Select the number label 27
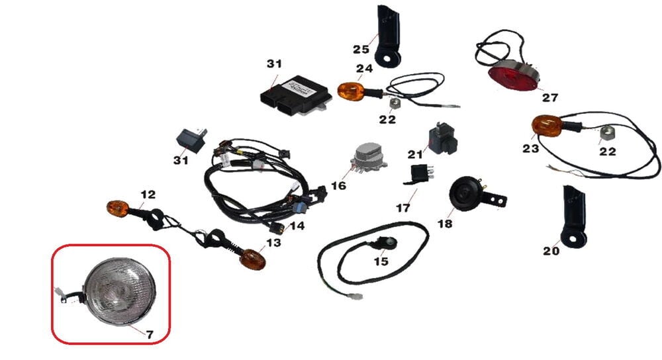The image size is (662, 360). [x=550, y=98]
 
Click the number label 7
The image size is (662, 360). [x=150, y=335]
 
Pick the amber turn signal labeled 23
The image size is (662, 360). [x=546, y=126]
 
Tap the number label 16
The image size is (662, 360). [x=338, y=186]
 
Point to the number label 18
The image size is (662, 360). [x=445, y=224]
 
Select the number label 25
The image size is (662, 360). [x=360, y=49]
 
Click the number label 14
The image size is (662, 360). [x=296, y=226]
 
